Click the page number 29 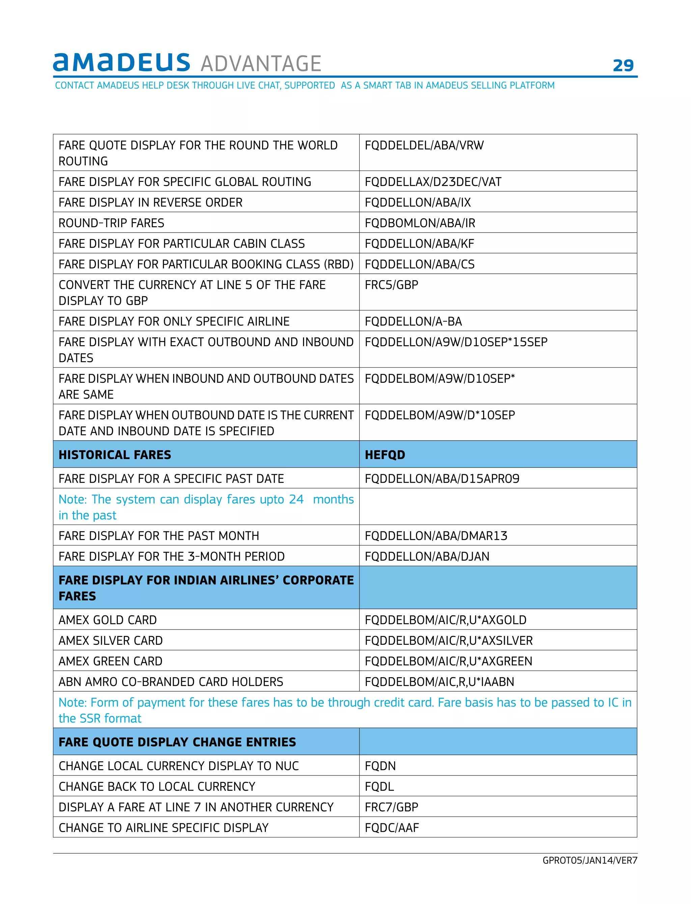pos(623,65)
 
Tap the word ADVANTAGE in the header pos(261,64)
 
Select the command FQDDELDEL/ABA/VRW pos(424,145)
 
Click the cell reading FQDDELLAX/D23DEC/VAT pos(433,182)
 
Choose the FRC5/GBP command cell pos(391,285)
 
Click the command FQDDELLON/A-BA pos(413,321)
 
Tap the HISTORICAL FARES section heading pos(115,455)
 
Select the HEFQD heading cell pos(385,455)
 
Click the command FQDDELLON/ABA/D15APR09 pos(442,479)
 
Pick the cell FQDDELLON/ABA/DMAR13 pos(436,536)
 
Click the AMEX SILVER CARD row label pos(111,640)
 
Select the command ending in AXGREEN pos(448,661)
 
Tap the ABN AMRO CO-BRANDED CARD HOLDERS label pos(171,682)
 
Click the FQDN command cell pos(380,766)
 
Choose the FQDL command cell pos(379,786)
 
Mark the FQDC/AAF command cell pos(392,827)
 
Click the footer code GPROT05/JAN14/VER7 pos(589,860)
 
